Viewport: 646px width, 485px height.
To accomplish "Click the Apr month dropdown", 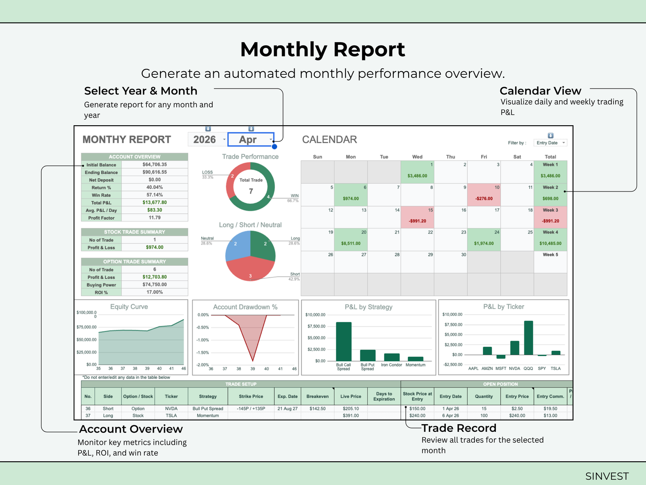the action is point(251,139).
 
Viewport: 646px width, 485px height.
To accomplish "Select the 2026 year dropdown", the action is point(208,139).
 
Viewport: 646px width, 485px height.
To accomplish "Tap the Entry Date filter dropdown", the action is point(550,143).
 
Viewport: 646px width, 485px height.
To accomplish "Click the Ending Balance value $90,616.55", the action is point(155,172).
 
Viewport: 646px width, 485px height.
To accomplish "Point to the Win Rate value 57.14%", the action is point(155,195).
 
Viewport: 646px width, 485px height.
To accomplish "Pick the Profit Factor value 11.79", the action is point(155,217).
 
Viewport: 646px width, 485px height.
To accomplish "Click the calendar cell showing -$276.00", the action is point(484,195).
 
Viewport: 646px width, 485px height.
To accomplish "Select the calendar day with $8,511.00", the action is point(351,240).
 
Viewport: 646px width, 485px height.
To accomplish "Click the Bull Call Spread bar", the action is point(343,341).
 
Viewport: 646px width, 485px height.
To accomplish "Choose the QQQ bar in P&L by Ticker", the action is point(528,338).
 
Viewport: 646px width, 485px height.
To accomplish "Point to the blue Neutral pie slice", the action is point(237,246).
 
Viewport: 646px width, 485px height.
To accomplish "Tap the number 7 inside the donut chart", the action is point(251,191).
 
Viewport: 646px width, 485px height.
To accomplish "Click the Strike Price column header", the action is point(251,396).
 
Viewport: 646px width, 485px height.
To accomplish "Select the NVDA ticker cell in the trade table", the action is point(171,408).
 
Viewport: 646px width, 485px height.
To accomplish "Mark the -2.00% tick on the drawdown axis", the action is point(203,365).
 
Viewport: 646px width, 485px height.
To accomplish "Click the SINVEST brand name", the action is point(607,476).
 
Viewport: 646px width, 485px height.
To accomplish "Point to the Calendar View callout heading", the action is point(540,91).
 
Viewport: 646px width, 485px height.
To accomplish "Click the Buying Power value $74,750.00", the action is point(155,285).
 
